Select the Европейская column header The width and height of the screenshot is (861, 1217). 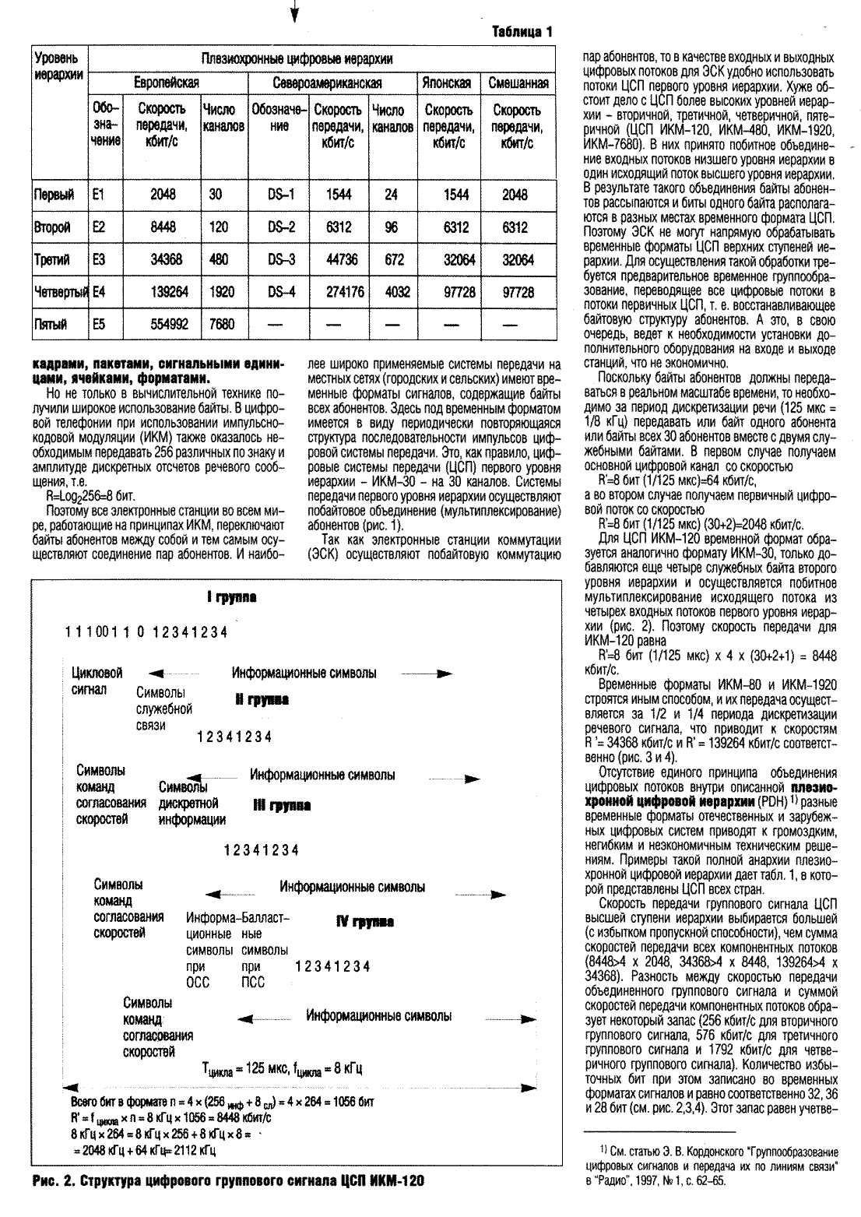click(167, 83)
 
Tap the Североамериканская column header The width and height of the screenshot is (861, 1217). click(327, 83)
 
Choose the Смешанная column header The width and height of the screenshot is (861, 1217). click(518, 83)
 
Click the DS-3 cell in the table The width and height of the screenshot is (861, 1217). click(282, 260)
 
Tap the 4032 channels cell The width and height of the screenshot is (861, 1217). click(393, 293)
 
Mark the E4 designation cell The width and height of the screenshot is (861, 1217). click(99, 293)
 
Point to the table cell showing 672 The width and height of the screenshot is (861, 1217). click(393, 260)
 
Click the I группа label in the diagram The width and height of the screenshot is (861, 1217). click(232, 597)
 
